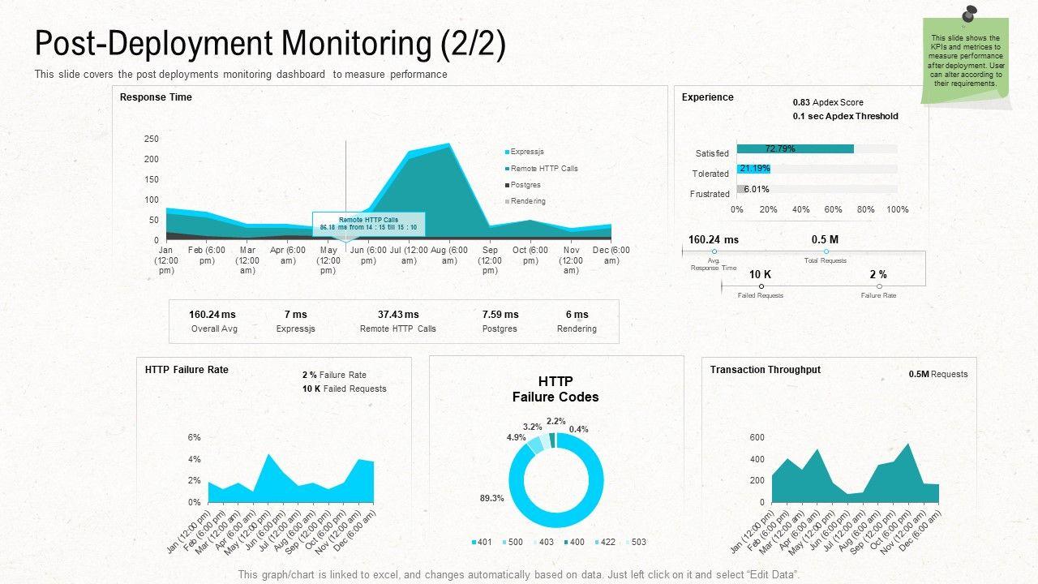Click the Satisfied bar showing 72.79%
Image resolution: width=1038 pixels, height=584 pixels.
click(x=795, y=149)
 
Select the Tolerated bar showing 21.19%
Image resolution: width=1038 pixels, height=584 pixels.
click(x=753, y=169)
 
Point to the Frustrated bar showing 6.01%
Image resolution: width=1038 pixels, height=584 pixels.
click(x=742, y=189)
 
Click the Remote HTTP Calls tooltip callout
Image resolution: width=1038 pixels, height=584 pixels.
click(x=368, y=224)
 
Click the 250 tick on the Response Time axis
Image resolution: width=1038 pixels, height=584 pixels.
click(x=152, y=139)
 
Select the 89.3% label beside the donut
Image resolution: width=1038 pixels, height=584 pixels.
click(x=491, y=498)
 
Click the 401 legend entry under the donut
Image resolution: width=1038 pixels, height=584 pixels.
click(x=483, y=542)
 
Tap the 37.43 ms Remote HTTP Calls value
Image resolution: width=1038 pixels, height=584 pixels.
click(x=398, y=315)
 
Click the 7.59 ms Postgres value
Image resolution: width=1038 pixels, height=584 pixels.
click(x=500, y=315)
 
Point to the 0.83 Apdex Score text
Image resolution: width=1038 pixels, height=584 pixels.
click(x=828, y=103)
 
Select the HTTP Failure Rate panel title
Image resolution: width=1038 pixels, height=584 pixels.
click(x=187, y=370)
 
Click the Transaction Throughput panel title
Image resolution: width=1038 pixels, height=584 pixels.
click(x=765, y=370)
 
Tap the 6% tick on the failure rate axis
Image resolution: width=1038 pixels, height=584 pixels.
click(x=194, y=438)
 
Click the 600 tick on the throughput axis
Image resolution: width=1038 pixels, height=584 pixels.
click(x=757, y=438)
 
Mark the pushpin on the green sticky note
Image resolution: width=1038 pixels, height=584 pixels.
click(x=970, y=14)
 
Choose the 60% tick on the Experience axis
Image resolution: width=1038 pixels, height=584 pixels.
click(x=833, y=209)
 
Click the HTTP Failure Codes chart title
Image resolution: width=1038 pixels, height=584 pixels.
click(x=555, y=389)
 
